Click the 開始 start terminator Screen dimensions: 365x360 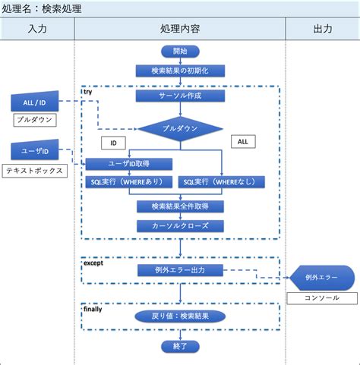(180, 51)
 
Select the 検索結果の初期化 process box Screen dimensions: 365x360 (180, 71)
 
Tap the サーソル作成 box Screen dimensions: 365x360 (180, 96)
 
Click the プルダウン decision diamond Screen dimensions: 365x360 (180, 128)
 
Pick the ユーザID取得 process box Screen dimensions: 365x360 (128, 163)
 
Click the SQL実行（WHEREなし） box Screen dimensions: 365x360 (222, 182)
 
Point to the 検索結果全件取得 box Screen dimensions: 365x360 (180, 206)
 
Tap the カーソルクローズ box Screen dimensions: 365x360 (180, 225)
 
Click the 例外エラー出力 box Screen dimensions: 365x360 (180, 270)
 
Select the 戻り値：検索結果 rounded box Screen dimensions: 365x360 (180, 316)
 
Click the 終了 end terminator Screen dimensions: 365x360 (180, 345)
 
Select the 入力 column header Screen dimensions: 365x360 (37, 29)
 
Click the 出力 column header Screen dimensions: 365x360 (322, 29)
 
